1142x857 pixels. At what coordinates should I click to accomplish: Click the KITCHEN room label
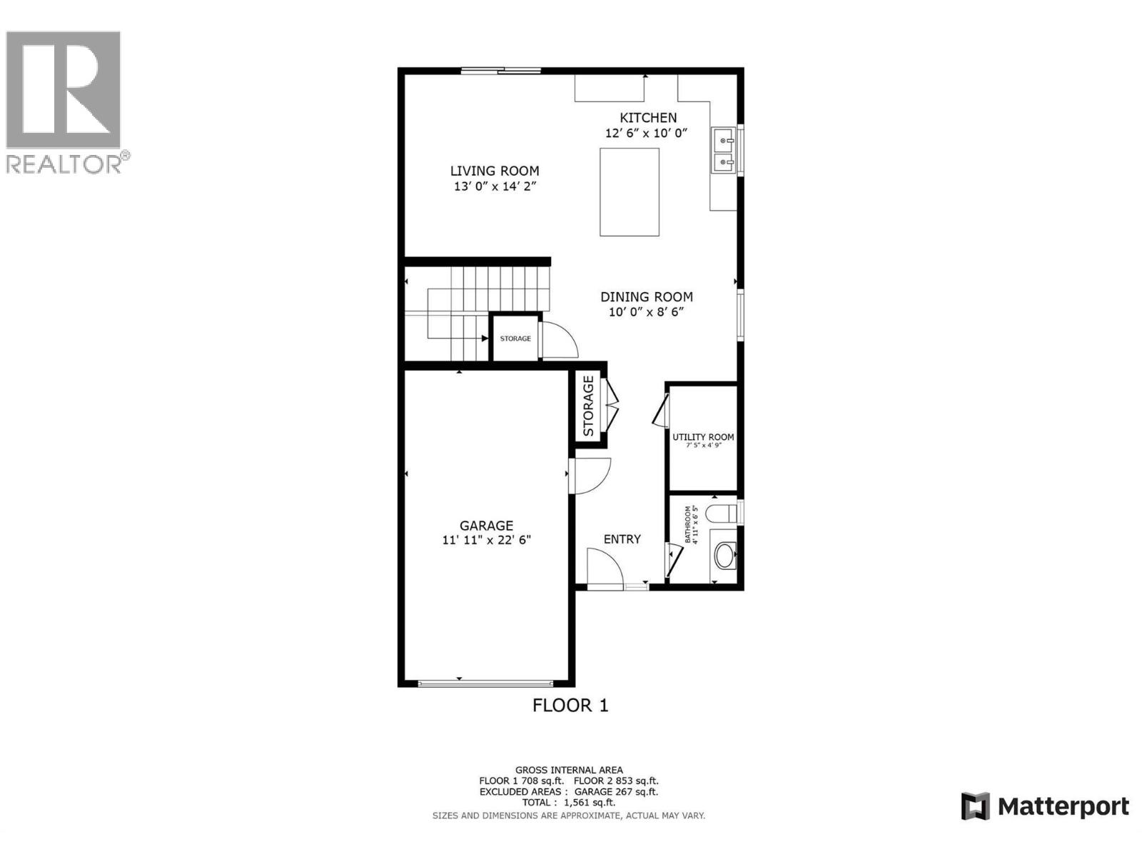tap(648, 118)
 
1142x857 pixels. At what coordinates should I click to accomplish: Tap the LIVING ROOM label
tap(494, 171)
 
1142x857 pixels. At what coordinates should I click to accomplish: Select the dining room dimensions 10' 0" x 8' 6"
tap(646, 312)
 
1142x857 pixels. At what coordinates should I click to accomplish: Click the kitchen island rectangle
tap(629, 191)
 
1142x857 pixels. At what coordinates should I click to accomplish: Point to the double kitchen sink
tap(724, 151)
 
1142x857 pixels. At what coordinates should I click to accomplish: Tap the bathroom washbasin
tap(724, 555)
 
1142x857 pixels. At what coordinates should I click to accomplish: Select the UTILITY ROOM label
tap(703, 437)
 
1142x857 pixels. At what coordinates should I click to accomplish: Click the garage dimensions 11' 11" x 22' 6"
tap(486, 541)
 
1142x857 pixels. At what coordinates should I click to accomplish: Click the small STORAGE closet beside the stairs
tap(515, 338)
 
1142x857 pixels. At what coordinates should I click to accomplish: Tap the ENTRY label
tap(622, 539)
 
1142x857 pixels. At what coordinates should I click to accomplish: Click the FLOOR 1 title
tap(570, 706)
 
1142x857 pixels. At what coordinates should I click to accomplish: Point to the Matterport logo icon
tap(975, 806)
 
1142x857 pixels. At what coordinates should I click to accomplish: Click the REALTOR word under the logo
tap(64, 164)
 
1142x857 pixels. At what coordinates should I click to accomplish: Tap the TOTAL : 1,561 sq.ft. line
tap(568, 803)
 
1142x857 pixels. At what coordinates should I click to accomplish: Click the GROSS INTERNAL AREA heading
tap(569, 770)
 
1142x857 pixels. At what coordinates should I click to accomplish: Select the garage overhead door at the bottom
tap(486, 683)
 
